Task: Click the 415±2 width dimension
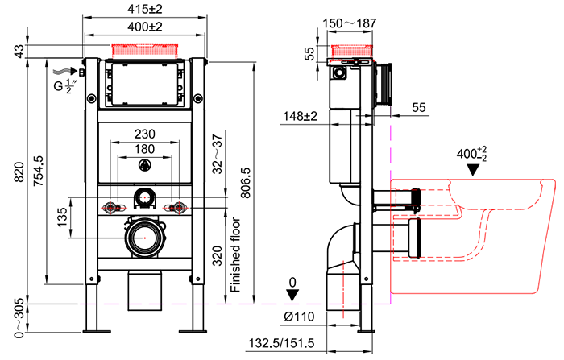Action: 145,10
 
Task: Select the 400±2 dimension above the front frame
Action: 145,27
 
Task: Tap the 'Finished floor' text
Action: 235,253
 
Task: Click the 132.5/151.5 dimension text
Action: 281,345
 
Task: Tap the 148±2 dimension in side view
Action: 300,116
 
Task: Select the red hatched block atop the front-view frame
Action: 145,50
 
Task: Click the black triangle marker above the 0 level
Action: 292,295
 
